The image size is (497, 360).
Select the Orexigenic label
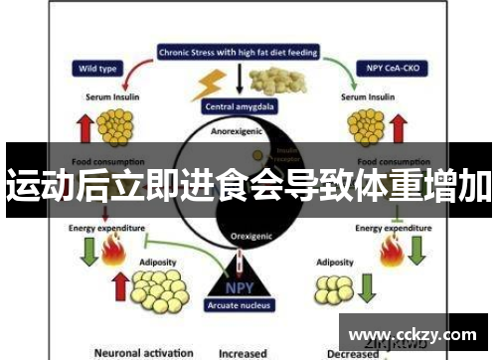click(x=242, y=238)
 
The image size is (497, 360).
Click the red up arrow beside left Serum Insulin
click(x=83, y=126)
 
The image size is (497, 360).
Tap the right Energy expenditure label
click(x=396, y=228)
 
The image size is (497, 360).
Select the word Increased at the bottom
click(x=244, y=352)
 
